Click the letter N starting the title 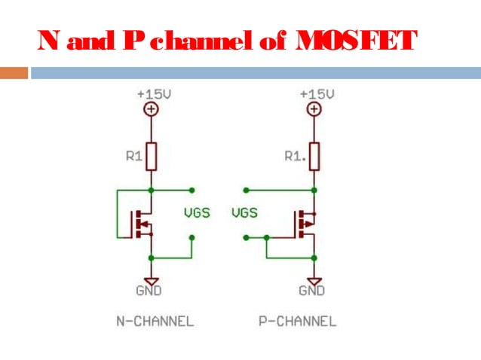[x=47, y=41]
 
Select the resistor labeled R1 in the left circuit [x=152, y=157]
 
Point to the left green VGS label [x=198, y=213]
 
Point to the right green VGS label [x=244, y=213]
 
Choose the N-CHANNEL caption [x=155, y=322]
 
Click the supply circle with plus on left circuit [x=152, y=110]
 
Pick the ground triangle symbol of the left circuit [x=152, y=276]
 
